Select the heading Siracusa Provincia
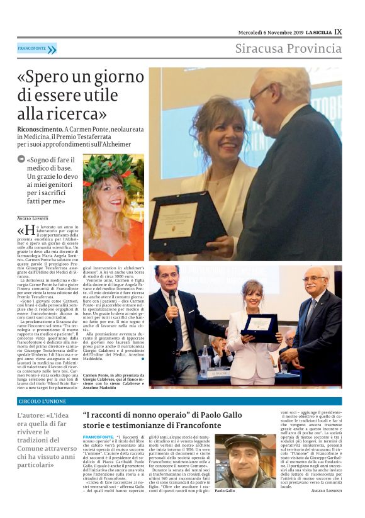[x=288, y=48]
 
